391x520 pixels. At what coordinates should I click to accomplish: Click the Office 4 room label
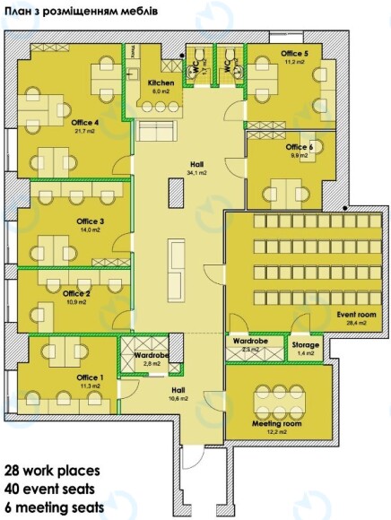click(85, 122)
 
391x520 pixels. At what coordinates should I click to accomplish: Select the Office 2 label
click(76, 293)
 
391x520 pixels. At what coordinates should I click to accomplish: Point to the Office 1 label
click(90, 377)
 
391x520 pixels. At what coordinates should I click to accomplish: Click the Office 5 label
click(294, 55)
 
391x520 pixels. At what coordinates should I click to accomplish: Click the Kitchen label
click(161, 82)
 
